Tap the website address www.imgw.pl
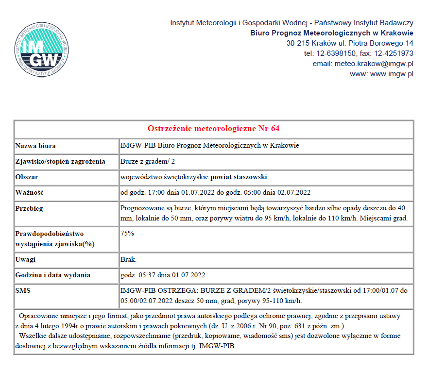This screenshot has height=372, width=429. [392, 74]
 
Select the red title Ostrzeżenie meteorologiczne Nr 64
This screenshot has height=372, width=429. [213, 129]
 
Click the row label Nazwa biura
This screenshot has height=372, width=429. [35, 146]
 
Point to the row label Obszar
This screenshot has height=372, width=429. [27, 177]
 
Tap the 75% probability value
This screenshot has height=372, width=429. [127, 233]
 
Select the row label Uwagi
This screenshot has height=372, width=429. [25, 259]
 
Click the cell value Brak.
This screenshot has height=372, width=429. [128, 259]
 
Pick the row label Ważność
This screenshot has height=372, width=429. [30, 192]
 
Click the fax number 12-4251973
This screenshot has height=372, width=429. [394, 53]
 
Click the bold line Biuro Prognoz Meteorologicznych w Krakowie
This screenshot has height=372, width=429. [332, 33]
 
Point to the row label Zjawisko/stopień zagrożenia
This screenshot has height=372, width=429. [60, 161]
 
